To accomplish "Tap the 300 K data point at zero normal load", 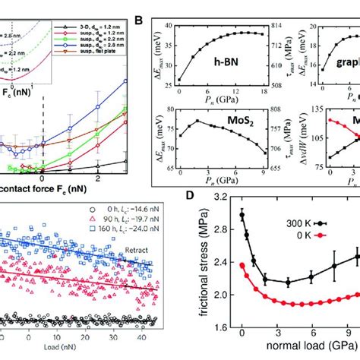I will (242, 216).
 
